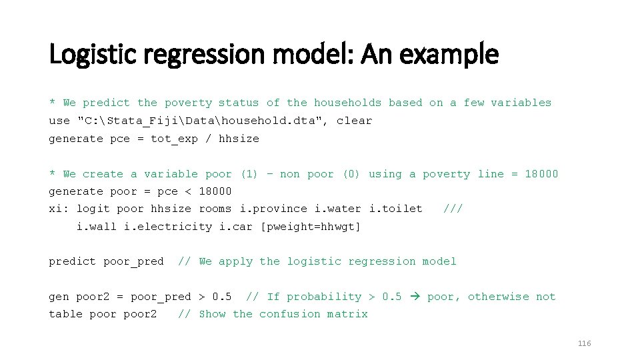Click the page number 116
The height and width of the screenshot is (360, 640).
click(584, 343)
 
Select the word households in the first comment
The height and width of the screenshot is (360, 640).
click(348, 103)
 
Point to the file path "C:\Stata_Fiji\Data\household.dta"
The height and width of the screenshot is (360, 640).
click(201, 121)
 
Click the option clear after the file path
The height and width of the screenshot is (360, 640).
click(355, 121)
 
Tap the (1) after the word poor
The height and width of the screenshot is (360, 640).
click(249, 174)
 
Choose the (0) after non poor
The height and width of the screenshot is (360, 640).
click(351, 174)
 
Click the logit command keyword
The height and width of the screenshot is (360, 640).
click(93, 209)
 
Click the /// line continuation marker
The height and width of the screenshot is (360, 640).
click(453, 209)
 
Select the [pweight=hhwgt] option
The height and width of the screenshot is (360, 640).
click(311, 227)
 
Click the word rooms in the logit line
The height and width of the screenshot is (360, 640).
click(215, 209)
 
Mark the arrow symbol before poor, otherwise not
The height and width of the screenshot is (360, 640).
click(414, 297)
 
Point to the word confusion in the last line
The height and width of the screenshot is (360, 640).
click(290, 314)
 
